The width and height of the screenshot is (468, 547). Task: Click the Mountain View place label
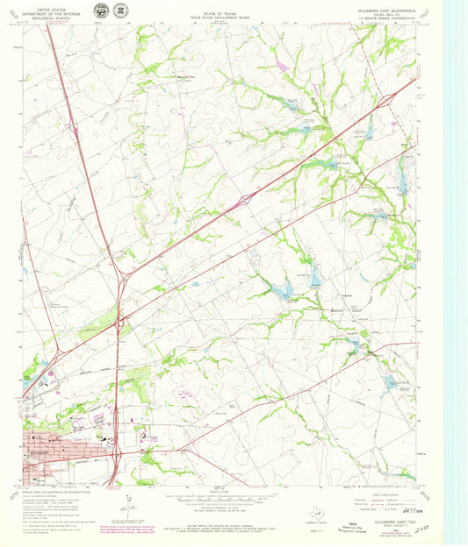point(180,76)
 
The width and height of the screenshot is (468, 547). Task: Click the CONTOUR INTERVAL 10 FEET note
point(225,508)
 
